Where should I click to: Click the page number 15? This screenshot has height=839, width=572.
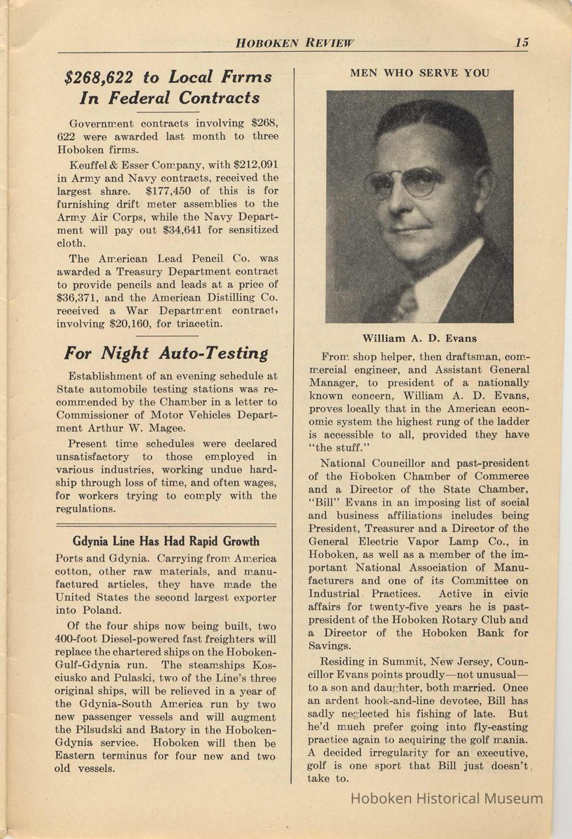pos(522,42)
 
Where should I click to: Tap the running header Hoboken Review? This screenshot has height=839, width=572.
pos(294,43)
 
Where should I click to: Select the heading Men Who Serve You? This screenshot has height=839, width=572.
pos(420,73)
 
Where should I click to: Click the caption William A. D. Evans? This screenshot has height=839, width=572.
pos(420,338)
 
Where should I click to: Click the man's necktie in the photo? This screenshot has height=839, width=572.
pos(406,301)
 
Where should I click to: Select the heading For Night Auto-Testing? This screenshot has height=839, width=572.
pos(166,353)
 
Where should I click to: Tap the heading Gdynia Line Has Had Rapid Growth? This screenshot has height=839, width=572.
pos(166,541)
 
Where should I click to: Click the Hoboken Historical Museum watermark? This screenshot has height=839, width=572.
pos(446,798)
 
